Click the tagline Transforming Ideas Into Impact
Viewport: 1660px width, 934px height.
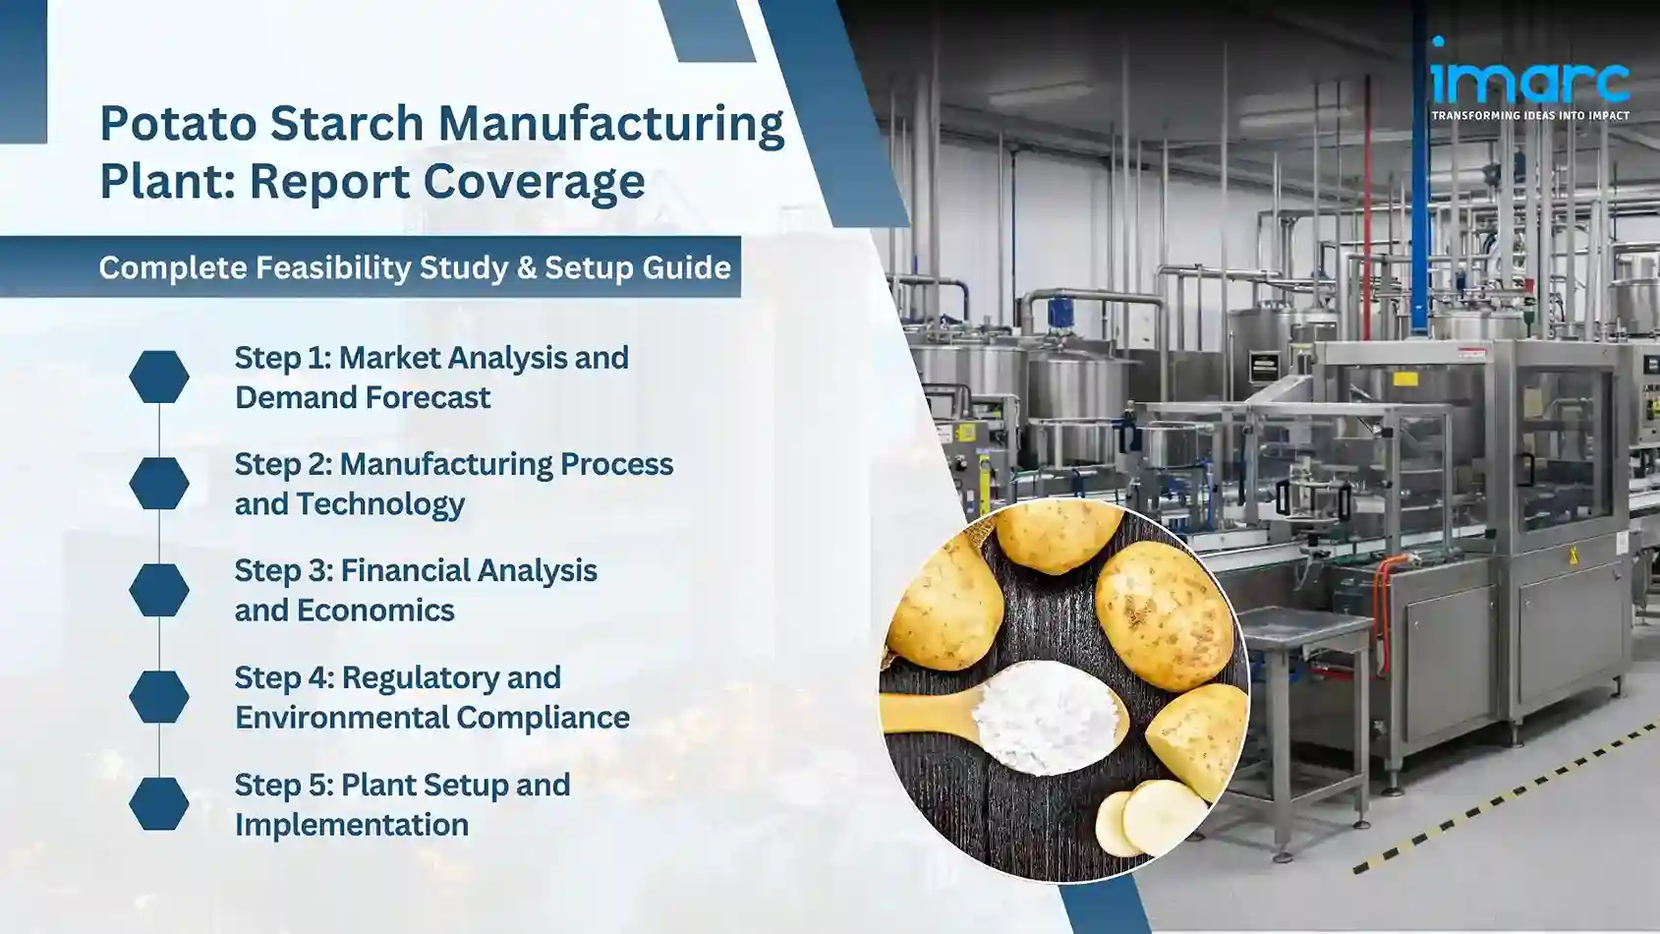click(1529, 116)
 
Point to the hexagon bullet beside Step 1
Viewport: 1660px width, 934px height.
click(159, 377)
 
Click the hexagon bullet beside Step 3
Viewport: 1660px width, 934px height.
click(159, 590)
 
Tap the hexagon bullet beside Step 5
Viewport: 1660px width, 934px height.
click(159, 803)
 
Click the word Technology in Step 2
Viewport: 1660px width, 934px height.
click(380, 504)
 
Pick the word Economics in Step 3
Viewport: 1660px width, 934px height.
click(375, 611)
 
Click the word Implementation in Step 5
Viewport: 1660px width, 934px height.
click(351, 825)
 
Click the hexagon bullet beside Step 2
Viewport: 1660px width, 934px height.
click(159, 483)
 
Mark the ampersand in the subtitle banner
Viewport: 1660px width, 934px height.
click(526, 267)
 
